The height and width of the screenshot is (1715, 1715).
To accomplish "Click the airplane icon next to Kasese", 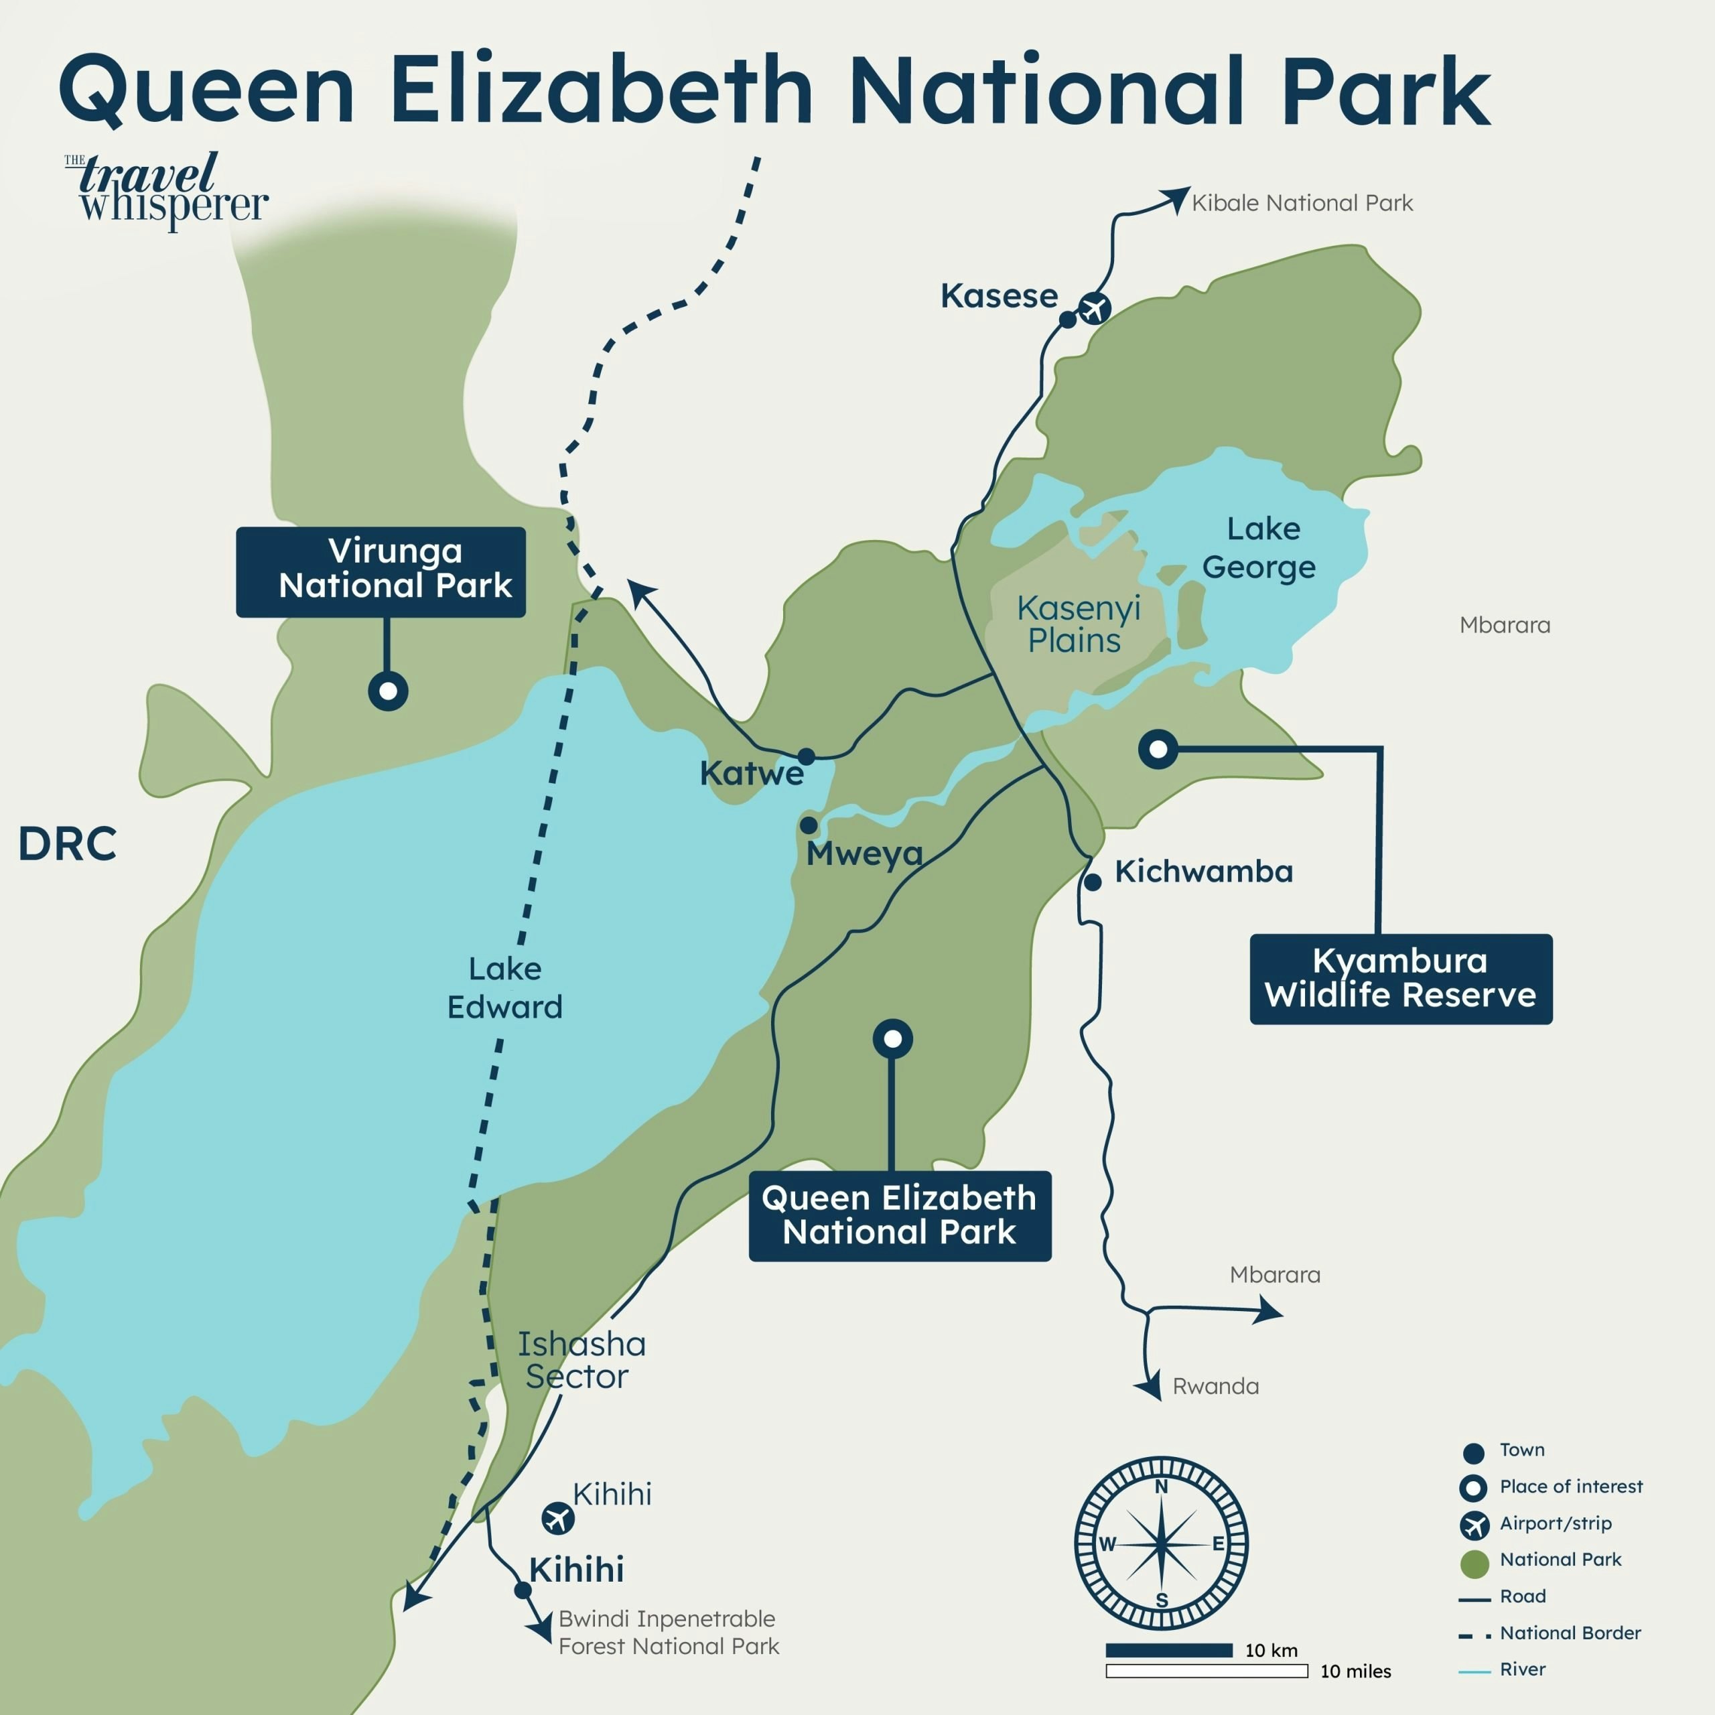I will [x=1095, y=309].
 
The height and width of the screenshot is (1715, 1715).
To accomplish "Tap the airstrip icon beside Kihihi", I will [x=557, y=1518].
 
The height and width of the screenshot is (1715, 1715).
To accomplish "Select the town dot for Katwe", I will [x=806, y=756].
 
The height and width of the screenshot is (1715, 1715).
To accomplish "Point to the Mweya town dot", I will [x=809, y=825].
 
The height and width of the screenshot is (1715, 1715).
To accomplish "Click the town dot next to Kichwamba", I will [x=1093, y=882].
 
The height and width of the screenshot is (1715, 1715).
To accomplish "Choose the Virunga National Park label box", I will [x=380, y=571].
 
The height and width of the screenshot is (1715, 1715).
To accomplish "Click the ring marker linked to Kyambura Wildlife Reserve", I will [x=1158, y=749].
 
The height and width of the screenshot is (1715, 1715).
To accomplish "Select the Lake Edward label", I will [x=504, y=987].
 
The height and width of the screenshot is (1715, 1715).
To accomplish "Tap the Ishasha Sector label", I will [x=581, y=1360].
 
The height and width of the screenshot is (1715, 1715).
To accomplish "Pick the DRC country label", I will [x=68, y=843].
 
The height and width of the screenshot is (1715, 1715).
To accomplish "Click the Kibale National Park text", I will [x=1302, y=203].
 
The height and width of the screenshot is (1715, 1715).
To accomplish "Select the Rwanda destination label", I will [x=1215, y=1387].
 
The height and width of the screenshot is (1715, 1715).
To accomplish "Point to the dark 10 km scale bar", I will [x=1168, y=1650].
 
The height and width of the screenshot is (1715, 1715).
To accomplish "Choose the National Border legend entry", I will [x=1570, y=1633].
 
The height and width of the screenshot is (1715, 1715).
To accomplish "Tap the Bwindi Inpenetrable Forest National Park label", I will [x=667, y=1633].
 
